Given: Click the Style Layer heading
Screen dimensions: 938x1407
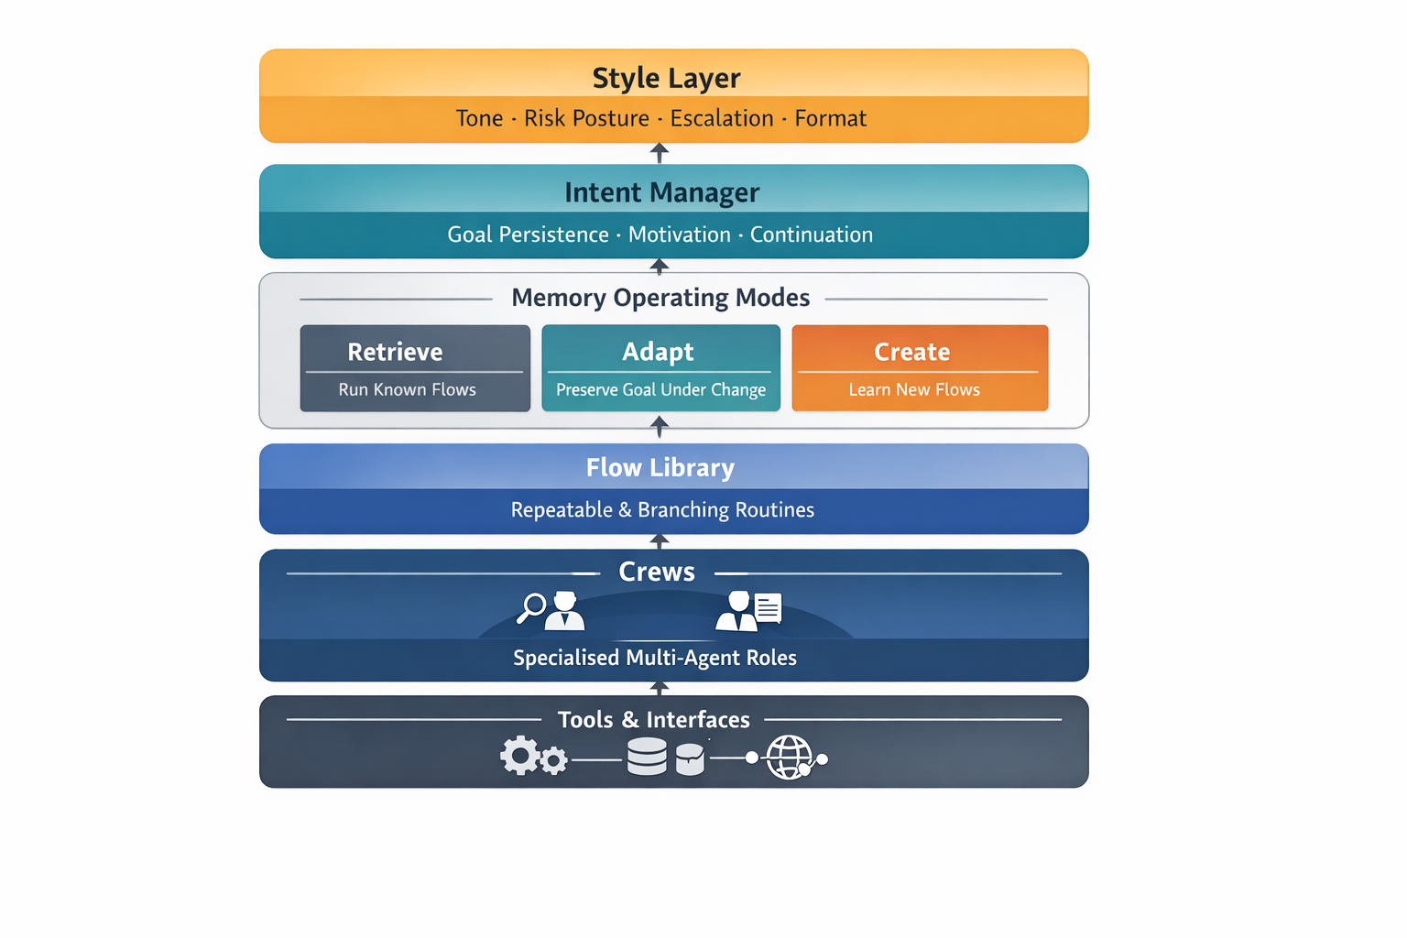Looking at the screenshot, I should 666,78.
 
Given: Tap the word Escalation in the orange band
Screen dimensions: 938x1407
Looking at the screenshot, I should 722,118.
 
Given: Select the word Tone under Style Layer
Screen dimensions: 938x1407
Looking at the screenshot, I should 479,118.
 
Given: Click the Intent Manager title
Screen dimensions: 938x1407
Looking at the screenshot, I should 661,192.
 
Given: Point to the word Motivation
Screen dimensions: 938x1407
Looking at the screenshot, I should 679,234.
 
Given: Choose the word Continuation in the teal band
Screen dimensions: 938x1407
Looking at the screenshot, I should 811,234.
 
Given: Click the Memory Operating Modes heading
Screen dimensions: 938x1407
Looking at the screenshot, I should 660,298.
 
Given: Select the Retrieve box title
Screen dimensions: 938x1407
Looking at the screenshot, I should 395,352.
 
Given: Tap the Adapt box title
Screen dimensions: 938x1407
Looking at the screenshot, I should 658,352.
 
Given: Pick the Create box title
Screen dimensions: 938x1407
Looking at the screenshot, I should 911,352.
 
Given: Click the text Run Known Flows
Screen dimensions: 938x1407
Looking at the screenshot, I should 407,389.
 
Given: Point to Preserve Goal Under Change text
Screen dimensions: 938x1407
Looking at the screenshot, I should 660,389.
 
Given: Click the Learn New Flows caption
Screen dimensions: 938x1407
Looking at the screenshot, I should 914,389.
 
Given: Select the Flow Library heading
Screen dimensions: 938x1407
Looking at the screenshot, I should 660,468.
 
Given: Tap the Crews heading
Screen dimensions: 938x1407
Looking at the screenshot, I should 657,572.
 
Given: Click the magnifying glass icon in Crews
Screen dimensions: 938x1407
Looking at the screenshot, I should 531,607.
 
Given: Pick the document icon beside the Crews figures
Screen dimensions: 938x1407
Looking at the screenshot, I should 768,607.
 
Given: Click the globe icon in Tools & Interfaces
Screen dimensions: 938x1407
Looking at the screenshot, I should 789,758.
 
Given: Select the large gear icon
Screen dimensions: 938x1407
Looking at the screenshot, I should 520,756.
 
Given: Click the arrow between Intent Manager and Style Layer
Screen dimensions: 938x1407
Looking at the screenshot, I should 659,153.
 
